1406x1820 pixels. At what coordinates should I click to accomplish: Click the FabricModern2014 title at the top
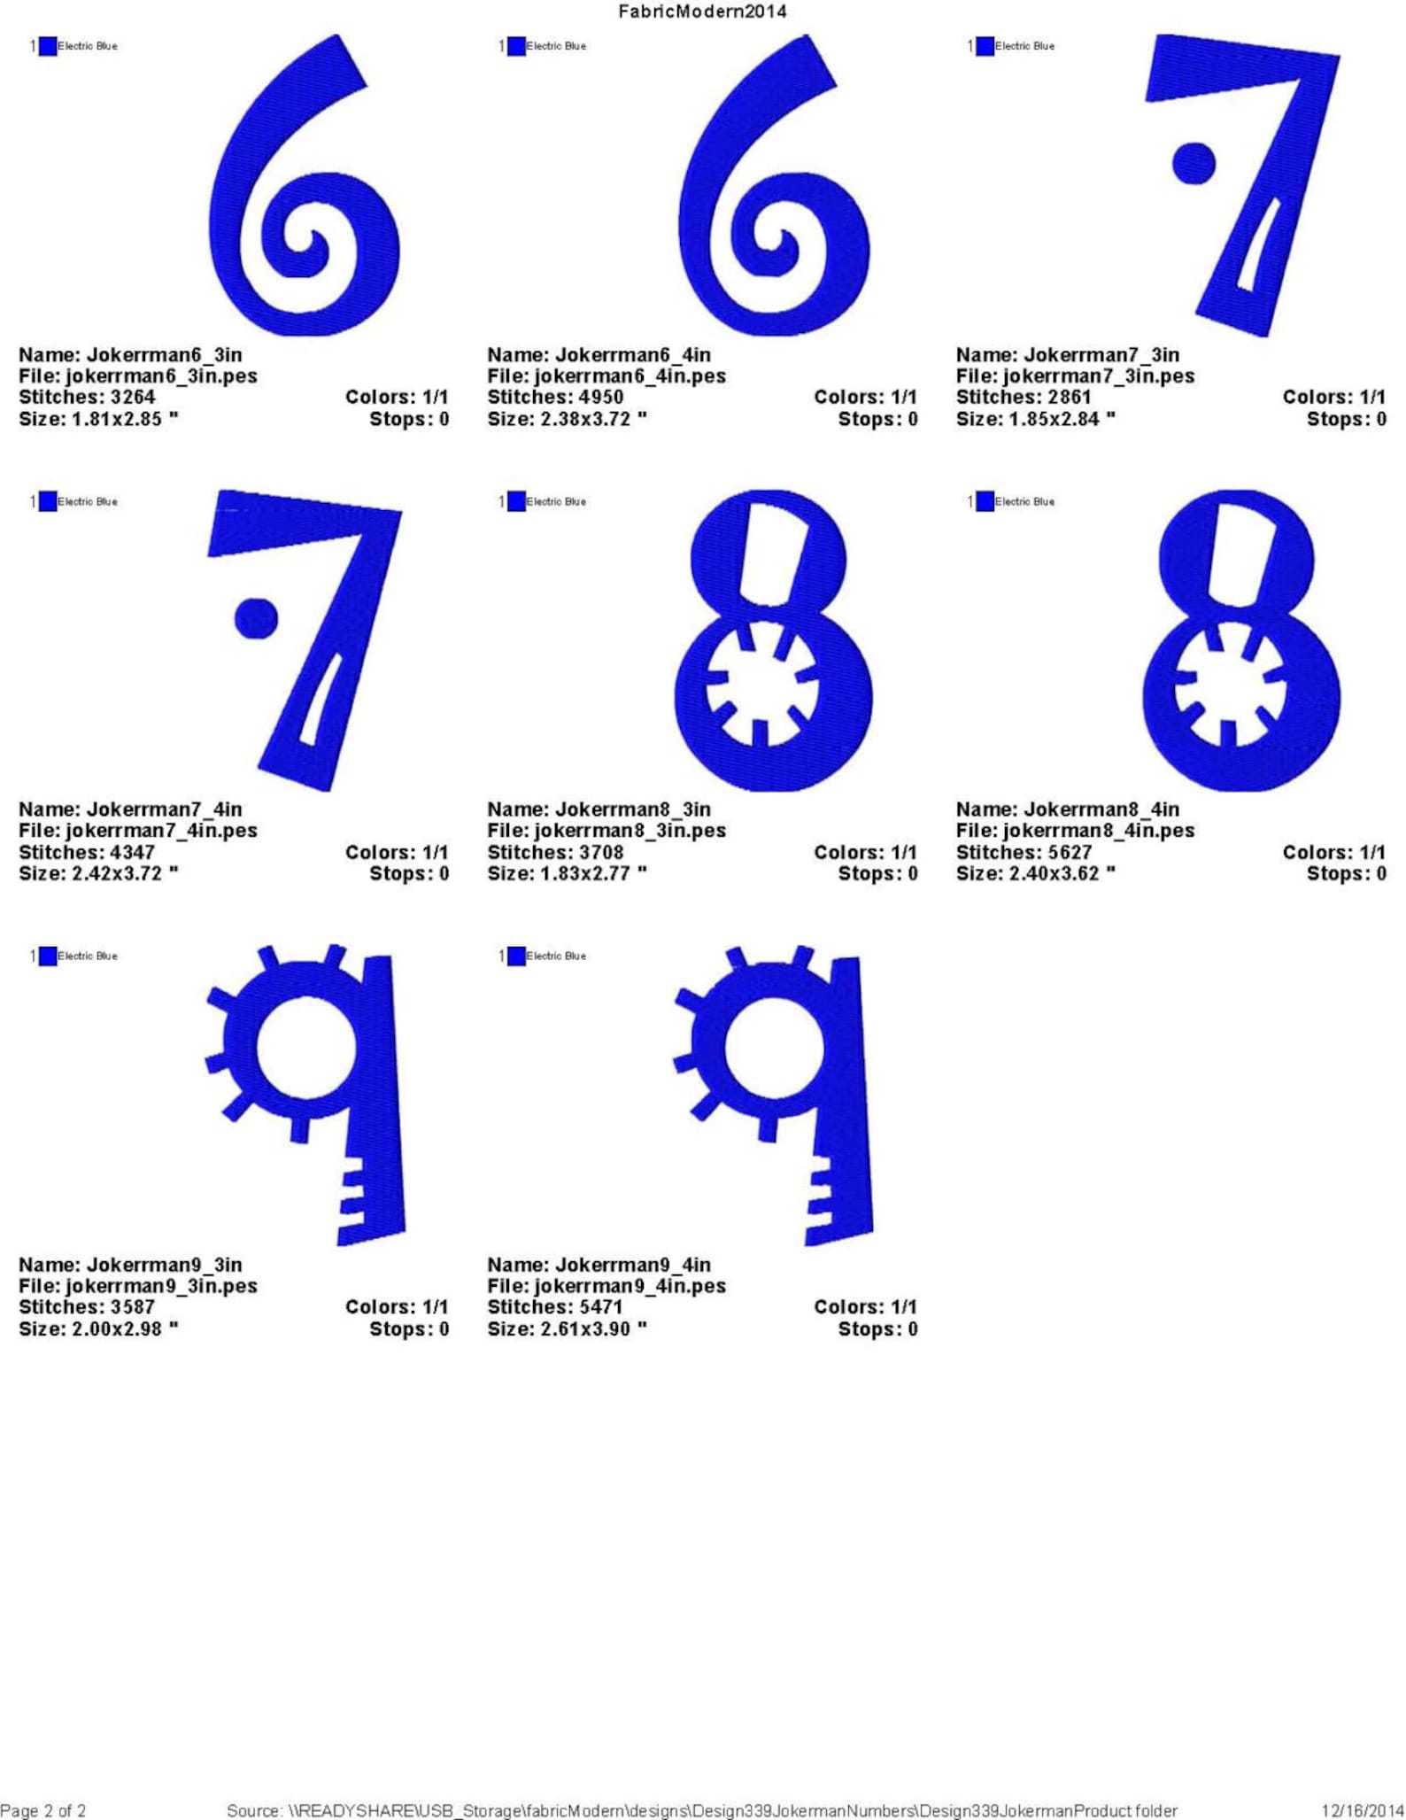[702, 12]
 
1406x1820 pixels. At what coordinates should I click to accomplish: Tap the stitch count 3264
[132, 398]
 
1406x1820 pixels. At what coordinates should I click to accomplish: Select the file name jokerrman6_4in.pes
[630, 376]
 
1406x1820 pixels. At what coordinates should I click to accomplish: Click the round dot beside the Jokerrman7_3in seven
[1193, 163]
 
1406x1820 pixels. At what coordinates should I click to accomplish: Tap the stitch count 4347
[132, 852]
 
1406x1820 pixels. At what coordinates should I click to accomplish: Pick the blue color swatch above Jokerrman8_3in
[516, 501]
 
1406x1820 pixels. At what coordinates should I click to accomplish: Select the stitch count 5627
[1070, 852]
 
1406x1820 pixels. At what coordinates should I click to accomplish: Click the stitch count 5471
[600, 1307]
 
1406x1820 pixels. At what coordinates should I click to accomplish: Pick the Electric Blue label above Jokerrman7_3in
[1024, 46]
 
